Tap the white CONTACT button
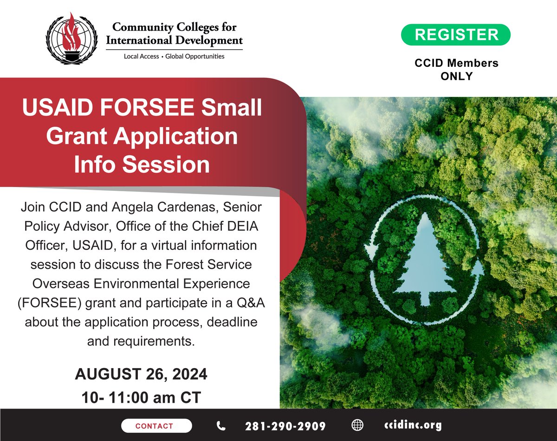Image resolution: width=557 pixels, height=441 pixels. pyautogui.click(x=156, y=426)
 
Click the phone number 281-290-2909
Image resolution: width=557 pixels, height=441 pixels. pyautogui.click(x=285, y=426)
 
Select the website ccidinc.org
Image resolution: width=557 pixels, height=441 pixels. pyautogui.click(x=413, y=425)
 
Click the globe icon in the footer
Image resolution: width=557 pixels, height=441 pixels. pyautogui.click(x=357, y=426)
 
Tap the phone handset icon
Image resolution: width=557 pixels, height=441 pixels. pyautogui.click(x=221, y=426)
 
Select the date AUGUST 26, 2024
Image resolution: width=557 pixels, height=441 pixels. pyautogui.click(x=141, y=374)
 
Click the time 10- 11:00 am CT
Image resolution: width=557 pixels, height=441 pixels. pyautogui.click(x=141, y=398)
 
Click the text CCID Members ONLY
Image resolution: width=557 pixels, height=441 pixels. pyautogui.click(x=457, y=70)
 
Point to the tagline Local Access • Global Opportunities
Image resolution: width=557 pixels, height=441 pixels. pyautogui.click(x=174, y=56)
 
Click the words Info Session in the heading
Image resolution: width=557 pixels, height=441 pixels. pyautogui.click(x=142, y=165)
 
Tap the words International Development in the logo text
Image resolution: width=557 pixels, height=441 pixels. pyautogui.click(x=175, y=40)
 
